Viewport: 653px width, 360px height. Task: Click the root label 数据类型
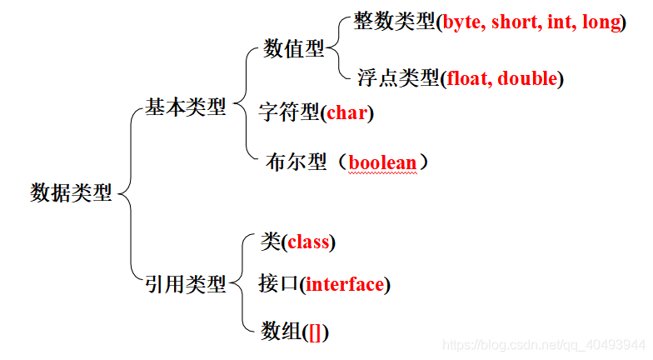point(71,192)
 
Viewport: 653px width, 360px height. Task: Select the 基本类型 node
point(186,107)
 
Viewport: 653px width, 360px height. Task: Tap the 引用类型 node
point(186,285)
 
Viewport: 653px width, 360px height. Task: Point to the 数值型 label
point(294,49)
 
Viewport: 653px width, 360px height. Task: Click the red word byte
point(463,22)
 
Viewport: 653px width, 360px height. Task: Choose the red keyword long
point(598,22)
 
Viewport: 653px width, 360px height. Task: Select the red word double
point(528,79)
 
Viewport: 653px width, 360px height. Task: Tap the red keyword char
point(346,112)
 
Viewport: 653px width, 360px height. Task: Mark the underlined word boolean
point(382,162)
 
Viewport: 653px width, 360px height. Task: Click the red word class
point(308,243)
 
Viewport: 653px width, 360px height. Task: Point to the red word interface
point(346,285)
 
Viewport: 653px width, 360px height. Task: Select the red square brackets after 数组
point(316,332)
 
